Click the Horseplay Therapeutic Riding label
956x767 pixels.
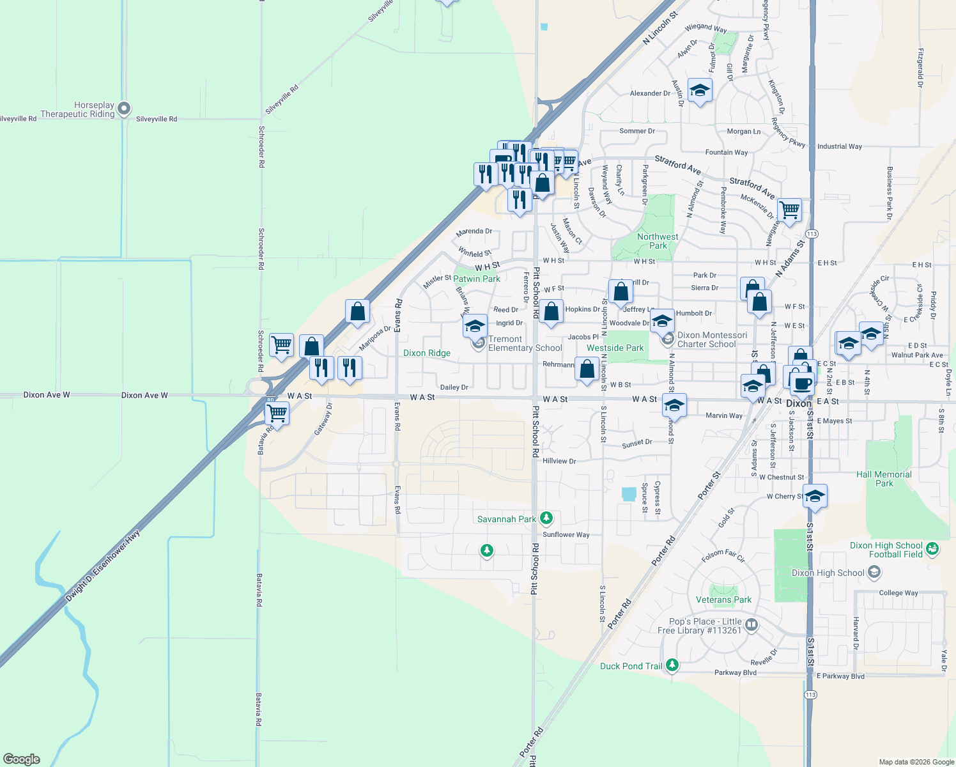click(x=77, y=110)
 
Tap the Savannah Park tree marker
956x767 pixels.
click(x=546, y=518)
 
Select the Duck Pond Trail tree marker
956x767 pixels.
click(x=672, y=665)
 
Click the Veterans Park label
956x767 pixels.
click(x=723, y=600)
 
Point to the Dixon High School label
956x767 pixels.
click(x=828, y=573)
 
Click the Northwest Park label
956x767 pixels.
click(x=658, y=241)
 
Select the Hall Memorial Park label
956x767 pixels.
click(x=884, y=479)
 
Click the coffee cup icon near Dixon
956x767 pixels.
click(x=803, y=383)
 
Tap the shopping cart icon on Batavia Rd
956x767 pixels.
click(x=277, y=413)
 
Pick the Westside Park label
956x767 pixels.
click(x=615, y=348)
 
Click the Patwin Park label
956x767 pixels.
click(x=477, y=279)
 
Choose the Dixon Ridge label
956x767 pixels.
click(x=427, y=353)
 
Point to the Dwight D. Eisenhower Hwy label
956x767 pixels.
click(x=103, y=566)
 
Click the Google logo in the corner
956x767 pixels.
click(x=22, y=759)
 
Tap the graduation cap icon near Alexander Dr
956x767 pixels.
click(x=700, y=91)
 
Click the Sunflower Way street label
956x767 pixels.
click(x=566, y=534)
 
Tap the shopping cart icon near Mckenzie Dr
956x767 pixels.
click(x=790, y=209)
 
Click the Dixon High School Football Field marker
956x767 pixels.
click(x=932, y=548)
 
